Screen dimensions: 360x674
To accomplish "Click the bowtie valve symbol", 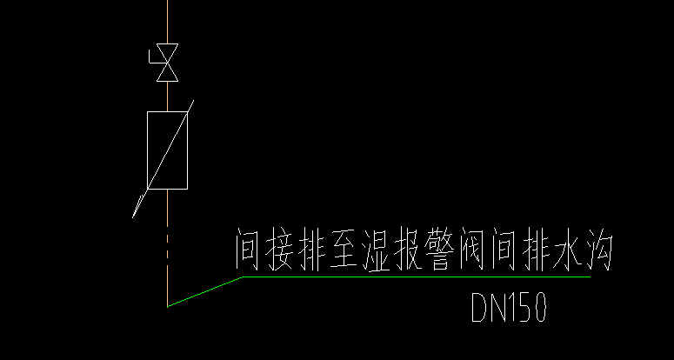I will (x=167, y=63).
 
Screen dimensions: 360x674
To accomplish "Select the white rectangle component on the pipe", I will (x=167, y=150).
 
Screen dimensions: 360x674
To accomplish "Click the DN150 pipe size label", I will (x=509, y=307).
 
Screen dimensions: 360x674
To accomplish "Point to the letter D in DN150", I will (x=479, y=307).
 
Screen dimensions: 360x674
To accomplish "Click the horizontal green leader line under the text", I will (x=417, y=277).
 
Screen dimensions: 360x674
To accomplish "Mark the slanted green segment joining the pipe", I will (x=204, y=292).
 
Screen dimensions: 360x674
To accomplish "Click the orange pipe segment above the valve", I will (x=167, y=22).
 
